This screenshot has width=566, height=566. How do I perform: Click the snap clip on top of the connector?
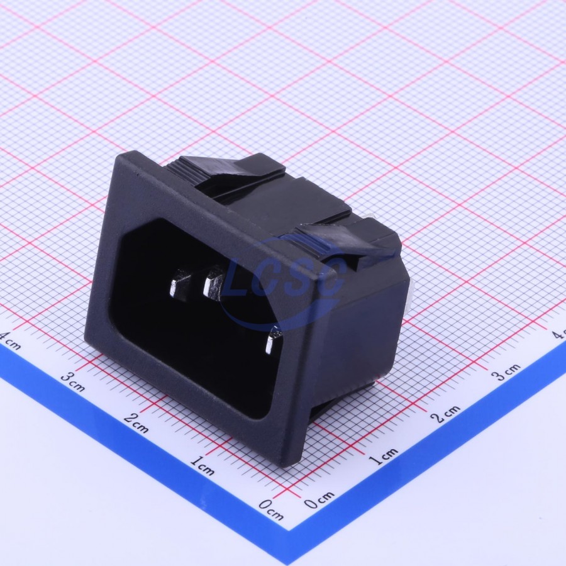click(231, 170)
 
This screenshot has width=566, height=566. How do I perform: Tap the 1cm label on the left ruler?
click(202, 465)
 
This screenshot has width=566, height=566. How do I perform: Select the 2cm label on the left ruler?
click(136, 423)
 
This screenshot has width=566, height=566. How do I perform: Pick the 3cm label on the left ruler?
click(72, 382)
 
